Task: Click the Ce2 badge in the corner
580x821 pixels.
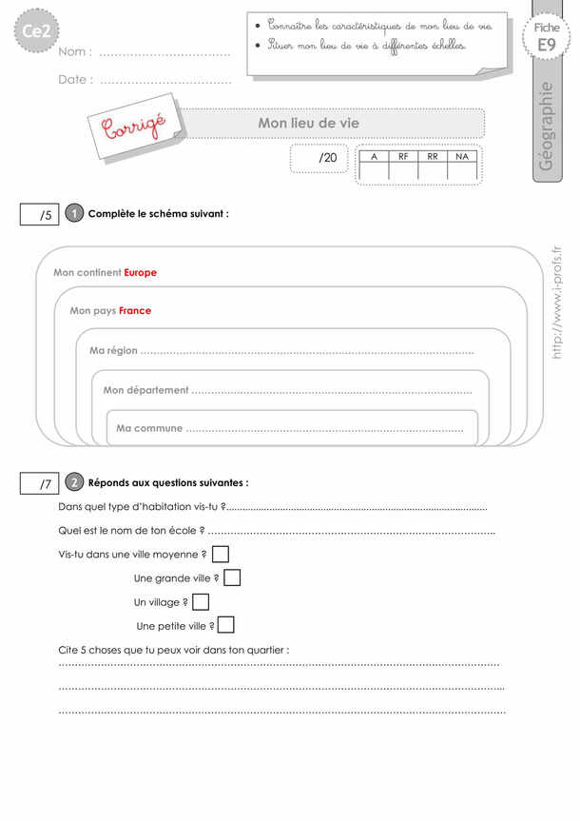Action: pyautogui.click(x=36, y=34)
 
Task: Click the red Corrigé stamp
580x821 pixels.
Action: pyautogui.click(x=132, y=128)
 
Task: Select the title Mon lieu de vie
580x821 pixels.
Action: pyautogui.click(x=309, y=123)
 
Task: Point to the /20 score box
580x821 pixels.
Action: pyautogui.click(x=320, y=158)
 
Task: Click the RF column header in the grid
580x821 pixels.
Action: pyautogui.click(x=403, y=155)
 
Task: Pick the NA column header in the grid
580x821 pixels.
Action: pyautogui.click(x=462, y=155)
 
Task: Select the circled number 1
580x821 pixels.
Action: pyautogui.click(x=75, y=214)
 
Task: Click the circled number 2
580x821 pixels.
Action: pyautogui.click(x=75, y=482)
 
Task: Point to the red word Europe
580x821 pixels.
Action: pyautogui.click(x=140, y=273)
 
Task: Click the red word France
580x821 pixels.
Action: pyautogui.click(x=135, y=311)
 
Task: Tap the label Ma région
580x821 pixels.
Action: pyautogui.click(x=113, y=351)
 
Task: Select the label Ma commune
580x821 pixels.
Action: pyautogui.click(x=149, y=429)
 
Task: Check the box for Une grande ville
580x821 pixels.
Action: pyautogui.click(x=231, y=577)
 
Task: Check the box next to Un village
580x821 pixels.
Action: pyautogui.click(x=201, y=601)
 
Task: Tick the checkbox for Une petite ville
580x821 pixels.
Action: pyautogui.click(x=226, y=625)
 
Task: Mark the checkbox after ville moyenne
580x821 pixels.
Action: pyautogui.click(x=220, y=554)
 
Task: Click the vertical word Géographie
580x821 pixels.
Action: pyautogui.click(x=547, y=127)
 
